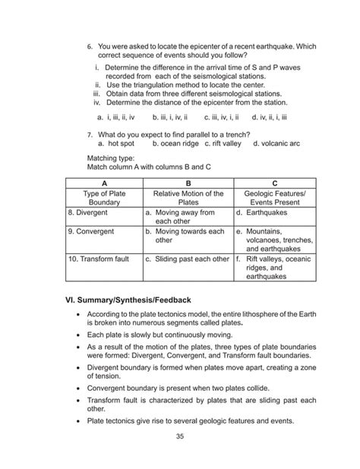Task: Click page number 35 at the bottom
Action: point(179,436)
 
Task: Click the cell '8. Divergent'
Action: point(87,214)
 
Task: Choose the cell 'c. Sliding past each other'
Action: point(187,258)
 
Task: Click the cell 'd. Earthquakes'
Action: point(265,214)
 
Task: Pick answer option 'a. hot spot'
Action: point(115,142)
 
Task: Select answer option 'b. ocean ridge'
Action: point(175,142)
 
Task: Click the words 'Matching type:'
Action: point(111,159)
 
